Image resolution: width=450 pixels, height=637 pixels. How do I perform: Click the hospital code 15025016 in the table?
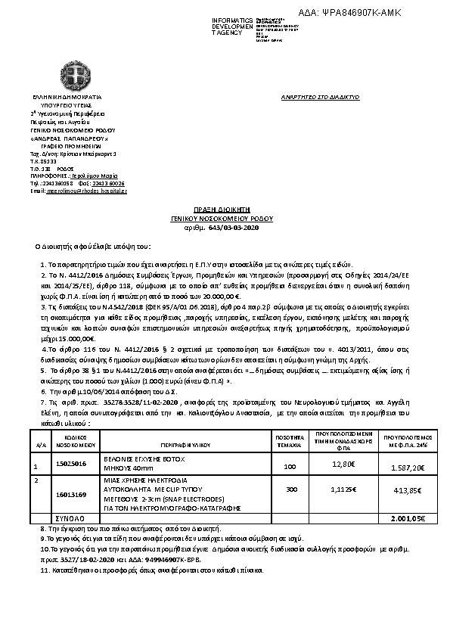[x=72, y=462]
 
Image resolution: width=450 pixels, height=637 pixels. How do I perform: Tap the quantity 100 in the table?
[x=290, y=467]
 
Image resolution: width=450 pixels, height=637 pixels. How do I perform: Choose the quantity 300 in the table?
[x=290, y=489]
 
